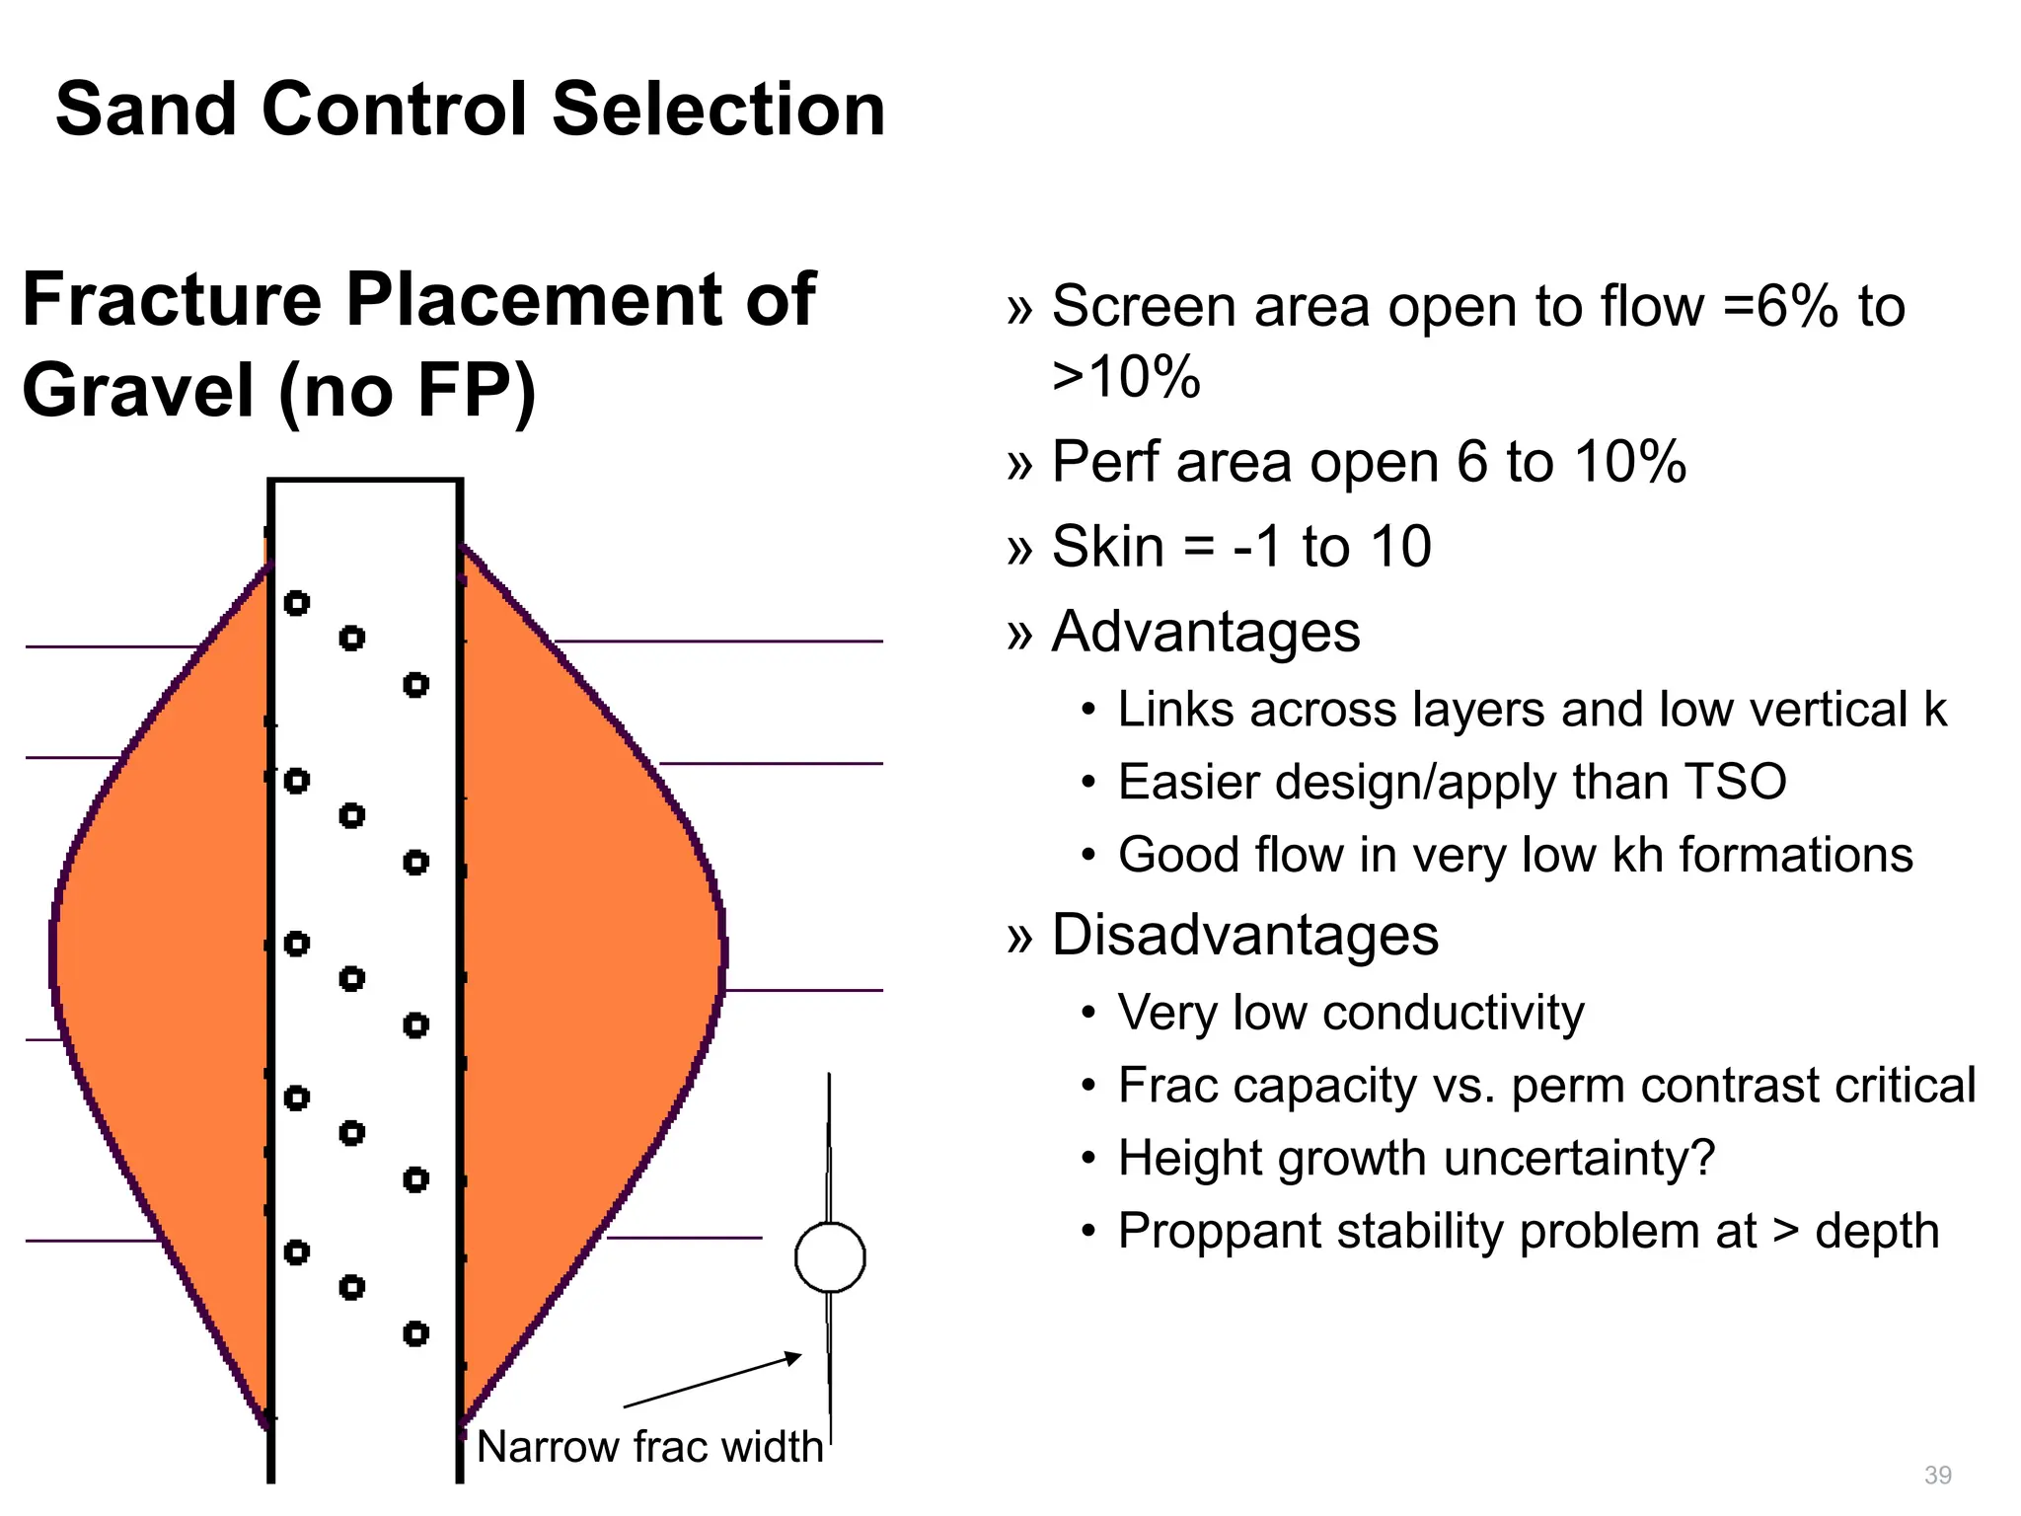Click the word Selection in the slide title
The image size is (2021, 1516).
[x=717, y=109]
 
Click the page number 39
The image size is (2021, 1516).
[x=1937, y=1475]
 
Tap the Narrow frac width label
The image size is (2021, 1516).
[x=649, y=1447]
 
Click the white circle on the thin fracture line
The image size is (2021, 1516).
[x=830, y=1257]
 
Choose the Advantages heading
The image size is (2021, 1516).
[x=1205, y=632]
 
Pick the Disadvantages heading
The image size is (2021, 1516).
[x=1244, y=935]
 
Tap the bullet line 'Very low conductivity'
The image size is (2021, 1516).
[x=1350, y=1013]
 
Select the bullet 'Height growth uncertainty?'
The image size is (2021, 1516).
[x=1416, y=1158]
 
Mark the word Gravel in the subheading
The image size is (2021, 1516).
[x=138, y=390]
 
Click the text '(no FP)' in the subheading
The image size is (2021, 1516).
[x=407, y=392]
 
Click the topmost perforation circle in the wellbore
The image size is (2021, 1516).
[x=296, y=603]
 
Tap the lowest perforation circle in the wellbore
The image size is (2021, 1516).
[x=415, y=1334]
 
